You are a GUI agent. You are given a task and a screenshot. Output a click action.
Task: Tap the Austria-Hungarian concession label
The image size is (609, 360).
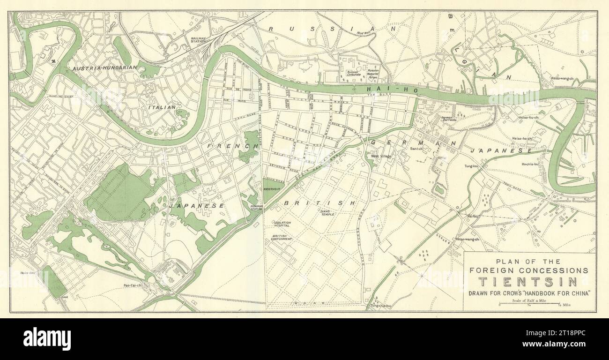(x=104, y=68)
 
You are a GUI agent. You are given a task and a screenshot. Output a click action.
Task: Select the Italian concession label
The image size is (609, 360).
(x=162, y=107)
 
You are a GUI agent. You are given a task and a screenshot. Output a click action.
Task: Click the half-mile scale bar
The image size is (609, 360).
(x=529, y=305)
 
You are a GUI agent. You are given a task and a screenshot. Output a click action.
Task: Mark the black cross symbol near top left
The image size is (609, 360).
(x=54, y=61)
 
